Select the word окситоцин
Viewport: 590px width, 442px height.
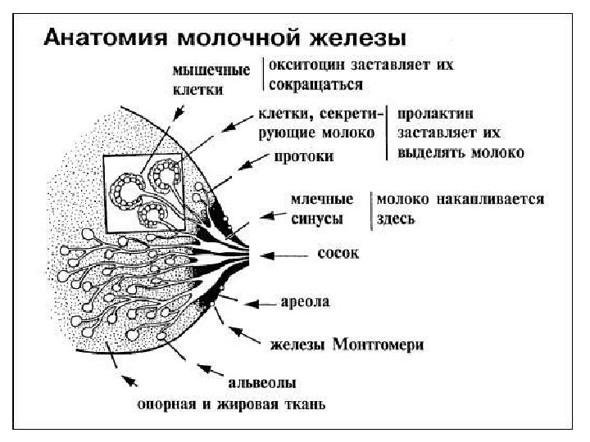(307, 64)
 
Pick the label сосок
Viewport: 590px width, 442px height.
(338, 254)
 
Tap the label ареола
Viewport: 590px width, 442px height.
(305, 302)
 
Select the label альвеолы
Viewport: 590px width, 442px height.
(261, 382)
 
